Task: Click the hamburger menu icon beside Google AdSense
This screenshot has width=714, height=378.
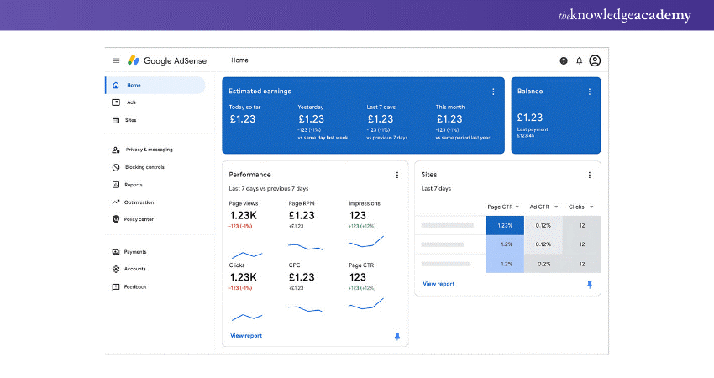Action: tap(116, 60)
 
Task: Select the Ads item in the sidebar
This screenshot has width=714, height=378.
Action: tap(131, 102)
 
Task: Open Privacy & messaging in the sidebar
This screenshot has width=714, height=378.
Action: tap(149, 150)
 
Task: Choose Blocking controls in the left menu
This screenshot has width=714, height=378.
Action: tap(144, 167)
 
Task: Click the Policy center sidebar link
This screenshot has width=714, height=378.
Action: tap(139, 219)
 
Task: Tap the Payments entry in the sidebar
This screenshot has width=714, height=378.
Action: tap(134, 252)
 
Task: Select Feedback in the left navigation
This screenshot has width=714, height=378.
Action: tap(134, 286)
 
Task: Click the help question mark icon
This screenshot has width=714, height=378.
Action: tap(564, 60)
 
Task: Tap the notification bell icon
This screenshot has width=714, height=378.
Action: tap(579, 60)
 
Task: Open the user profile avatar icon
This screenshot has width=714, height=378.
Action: tap(595, 60)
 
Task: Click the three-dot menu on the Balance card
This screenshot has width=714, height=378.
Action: tap(589, 91)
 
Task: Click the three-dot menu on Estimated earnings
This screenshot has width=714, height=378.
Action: tap(493, 91)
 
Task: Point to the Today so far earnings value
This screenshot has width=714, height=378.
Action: tap(243, 118)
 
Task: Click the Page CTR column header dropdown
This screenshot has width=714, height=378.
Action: tap(504, 207)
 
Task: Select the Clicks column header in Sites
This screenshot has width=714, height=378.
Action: tap(580, 207)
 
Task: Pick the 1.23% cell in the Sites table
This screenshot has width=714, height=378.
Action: tap(504, 225)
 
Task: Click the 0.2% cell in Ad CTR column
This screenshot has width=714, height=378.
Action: tap(543, 263)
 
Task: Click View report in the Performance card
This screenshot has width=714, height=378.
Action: tap(246, 336)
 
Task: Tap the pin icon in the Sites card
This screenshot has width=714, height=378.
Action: tap(589, 285)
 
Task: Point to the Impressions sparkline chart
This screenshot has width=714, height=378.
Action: tap(366, 242)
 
